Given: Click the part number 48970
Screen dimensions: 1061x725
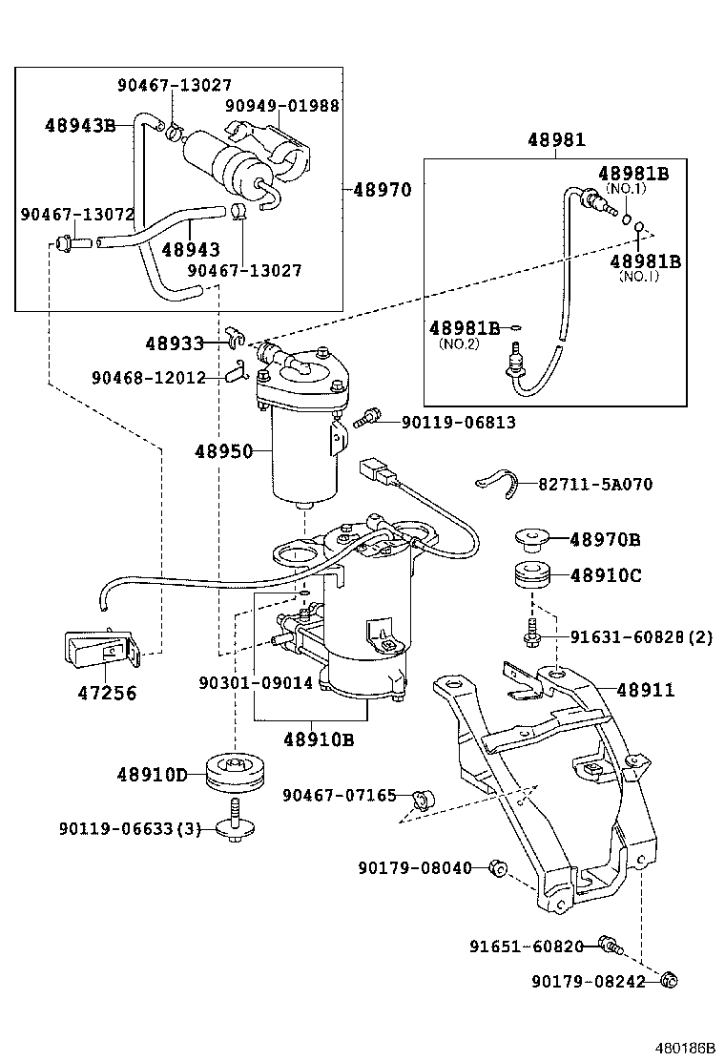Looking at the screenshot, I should pos(382,190).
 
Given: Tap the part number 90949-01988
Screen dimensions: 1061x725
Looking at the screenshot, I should pos(281,106).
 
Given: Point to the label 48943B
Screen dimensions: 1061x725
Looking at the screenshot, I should pos(79,125).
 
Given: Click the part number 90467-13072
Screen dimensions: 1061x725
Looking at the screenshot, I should pos(77,215).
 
